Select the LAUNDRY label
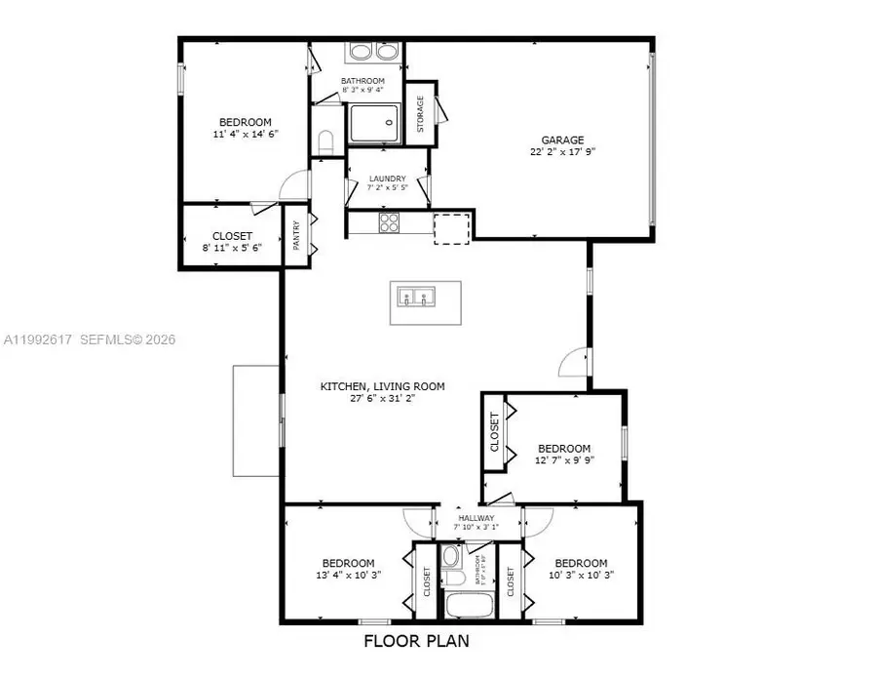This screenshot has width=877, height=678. [x=387, y=179]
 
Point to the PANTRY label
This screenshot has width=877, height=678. [x=298, y=235]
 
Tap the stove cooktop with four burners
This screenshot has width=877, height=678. [x=390, y=224]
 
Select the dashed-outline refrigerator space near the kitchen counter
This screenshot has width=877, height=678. [x=451, y=226]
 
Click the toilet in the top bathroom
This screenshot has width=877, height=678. [x=326, y=141]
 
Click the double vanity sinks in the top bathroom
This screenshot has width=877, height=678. [x=373, y=52]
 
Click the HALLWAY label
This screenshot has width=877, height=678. [x=477, y=517]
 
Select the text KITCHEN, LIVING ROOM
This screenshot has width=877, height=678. [x=383, y=386]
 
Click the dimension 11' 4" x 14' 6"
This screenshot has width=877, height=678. [x=244, y=135]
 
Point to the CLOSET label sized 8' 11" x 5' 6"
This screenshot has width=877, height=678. [x=232, y=236]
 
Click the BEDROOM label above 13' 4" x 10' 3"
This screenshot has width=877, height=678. [x=349, y=563]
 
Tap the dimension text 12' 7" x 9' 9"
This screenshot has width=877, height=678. [x=564, y=461]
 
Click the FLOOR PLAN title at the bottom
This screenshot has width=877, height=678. [x=416, y=641]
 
